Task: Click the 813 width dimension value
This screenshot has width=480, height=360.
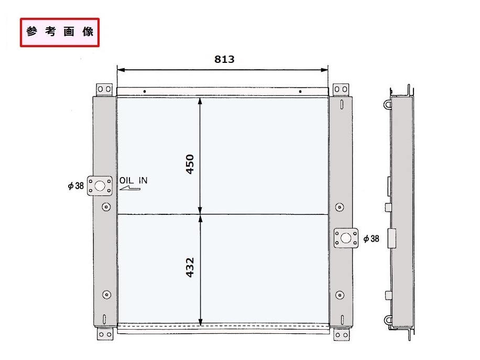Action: [224, 59]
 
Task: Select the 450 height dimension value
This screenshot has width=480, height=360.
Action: [190, 164]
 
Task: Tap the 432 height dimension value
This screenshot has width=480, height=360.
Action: [190, 267]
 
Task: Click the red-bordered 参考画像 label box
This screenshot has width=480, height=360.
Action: [60, 32]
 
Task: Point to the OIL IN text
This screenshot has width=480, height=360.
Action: [134, 180]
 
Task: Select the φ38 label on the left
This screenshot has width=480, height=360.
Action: [76, 186]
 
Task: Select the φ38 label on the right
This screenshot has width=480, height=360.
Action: [371, 238]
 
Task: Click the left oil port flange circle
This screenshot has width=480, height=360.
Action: [100, 185]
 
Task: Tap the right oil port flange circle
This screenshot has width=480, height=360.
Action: [345, 237]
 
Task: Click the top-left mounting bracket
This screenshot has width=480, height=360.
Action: [105, 89]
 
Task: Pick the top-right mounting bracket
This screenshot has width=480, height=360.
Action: [341, 89]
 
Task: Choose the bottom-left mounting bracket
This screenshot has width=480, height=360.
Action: [105, 333]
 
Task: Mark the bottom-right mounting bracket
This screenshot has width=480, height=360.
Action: [341, 333]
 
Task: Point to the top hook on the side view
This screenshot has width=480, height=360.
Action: [387, 104]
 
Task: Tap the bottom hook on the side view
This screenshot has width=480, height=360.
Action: [387, 317]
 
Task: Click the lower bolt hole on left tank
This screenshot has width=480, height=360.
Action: [106, 294]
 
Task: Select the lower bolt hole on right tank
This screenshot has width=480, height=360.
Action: [340, 294]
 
